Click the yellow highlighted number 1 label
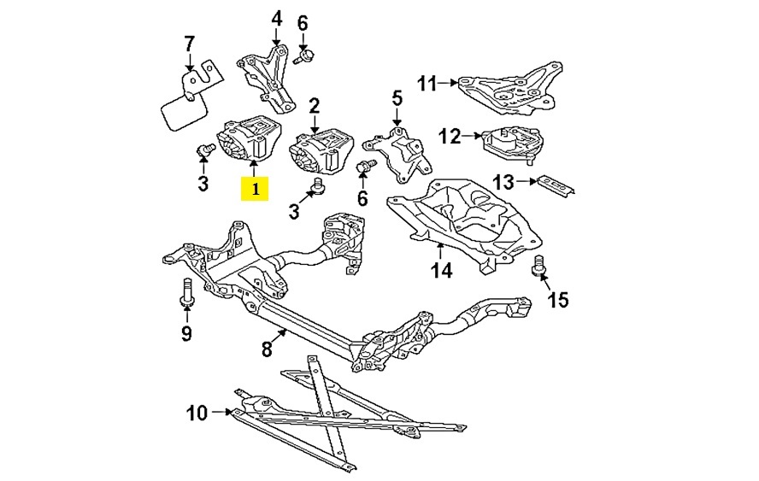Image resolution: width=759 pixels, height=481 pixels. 255,188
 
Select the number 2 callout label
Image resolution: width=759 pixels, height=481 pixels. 314,106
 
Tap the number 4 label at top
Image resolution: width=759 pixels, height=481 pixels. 276,18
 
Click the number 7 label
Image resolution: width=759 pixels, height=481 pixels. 190,44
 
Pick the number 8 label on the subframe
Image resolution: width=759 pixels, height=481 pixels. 267,349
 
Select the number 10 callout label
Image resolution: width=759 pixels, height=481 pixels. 197,414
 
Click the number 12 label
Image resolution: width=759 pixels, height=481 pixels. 450,135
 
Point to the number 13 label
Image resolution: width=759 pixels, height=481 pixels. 503,182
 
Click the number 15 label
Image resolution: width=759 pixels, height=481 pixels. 557,300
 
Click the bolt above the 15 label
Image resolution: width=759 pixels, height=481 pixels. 539,266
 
